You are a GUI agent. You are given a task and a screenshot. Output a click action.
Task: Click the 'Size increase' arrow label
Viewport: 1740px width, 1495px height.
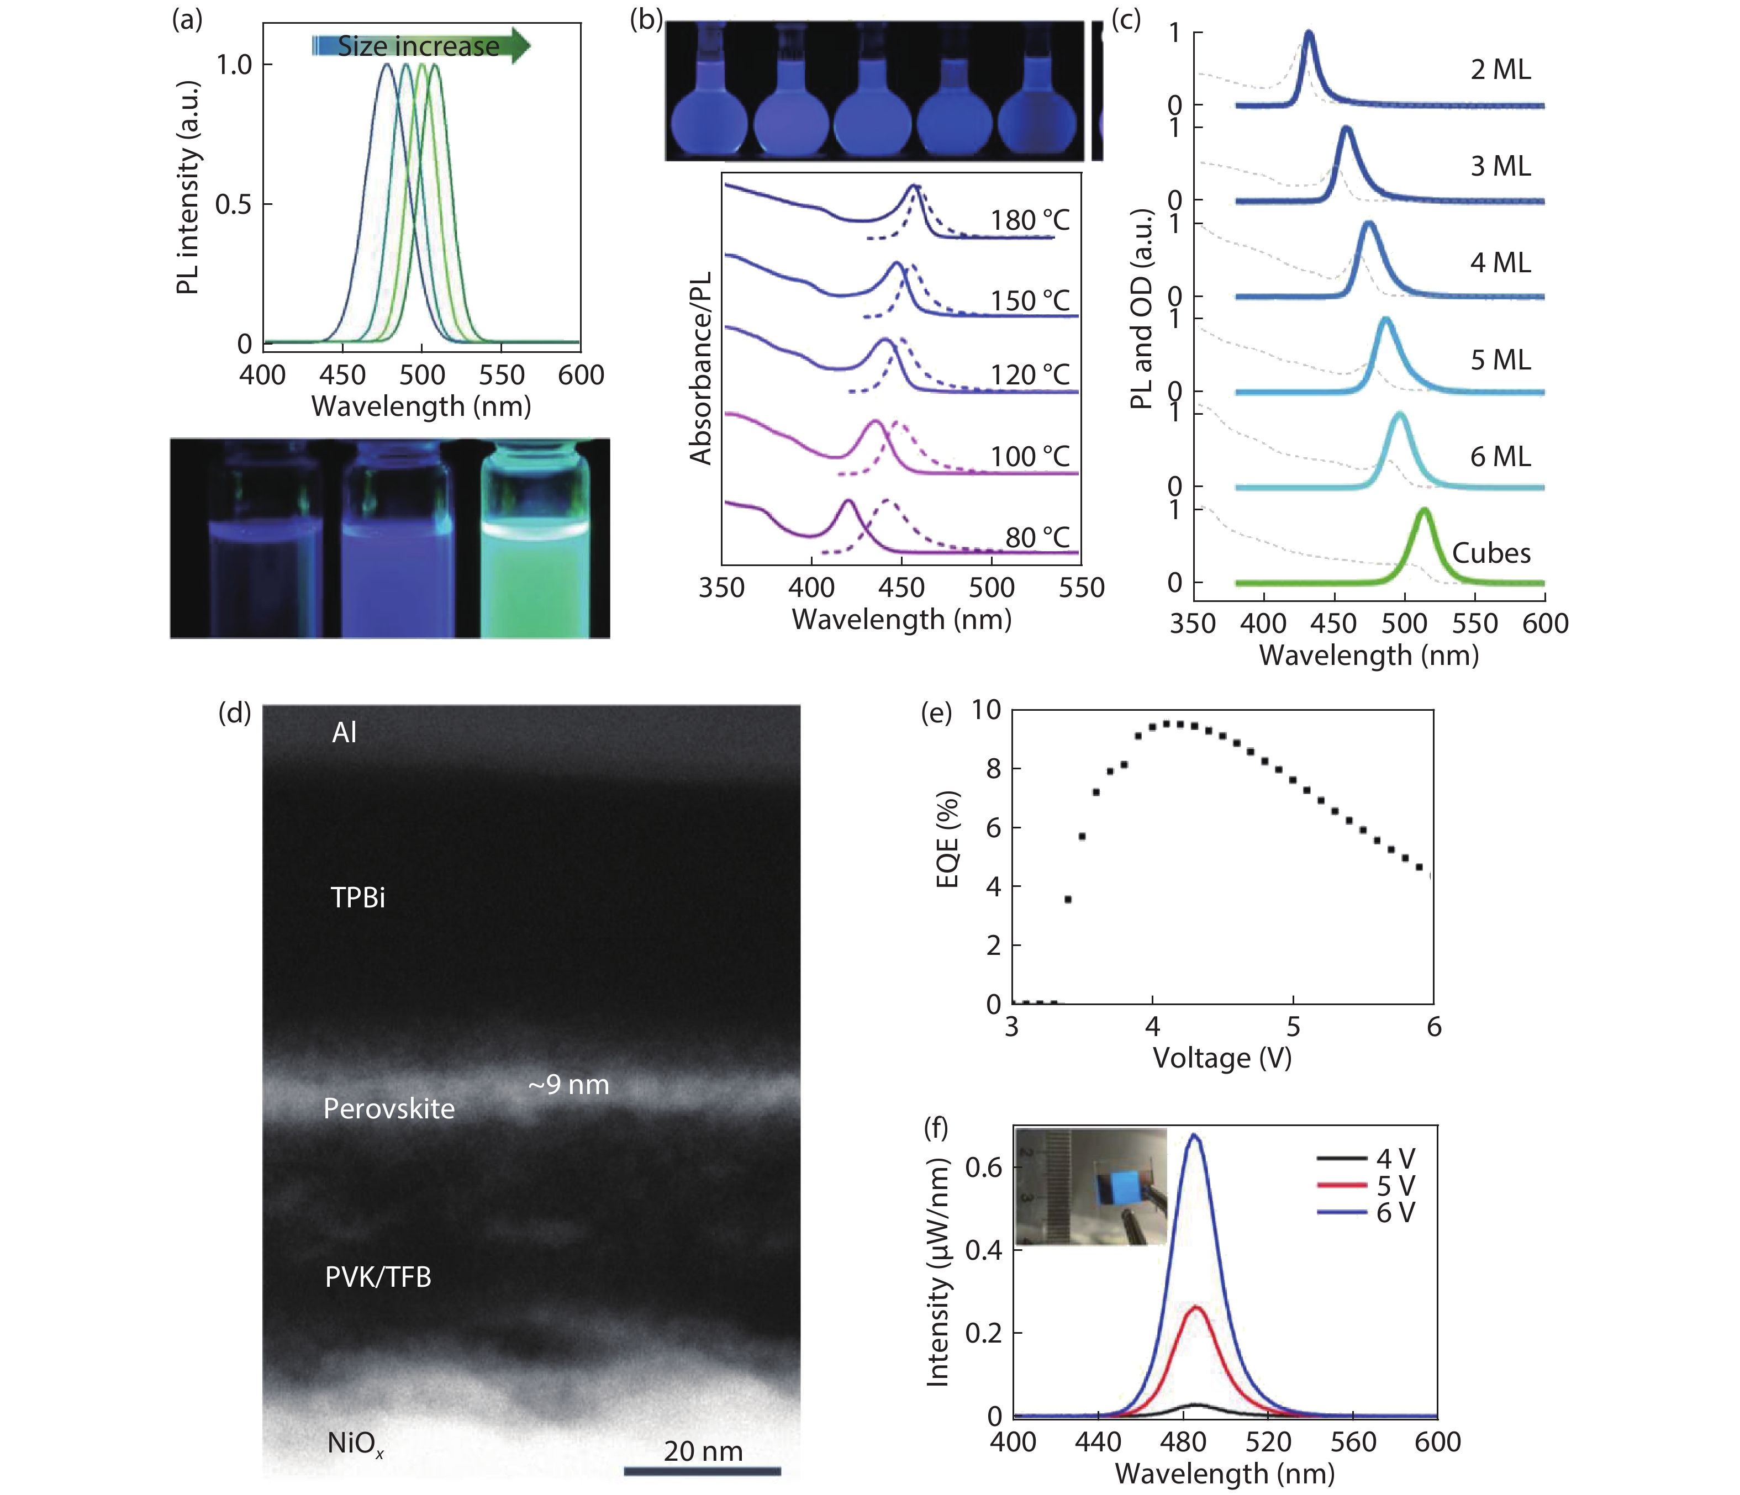418,46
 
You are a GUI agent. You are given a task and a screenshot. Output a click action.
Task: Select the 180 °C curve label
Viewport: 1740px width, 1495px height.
1030,221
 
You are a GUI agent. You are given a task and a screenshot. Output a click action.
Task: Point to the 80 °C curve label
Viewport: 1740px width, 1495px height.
1038,537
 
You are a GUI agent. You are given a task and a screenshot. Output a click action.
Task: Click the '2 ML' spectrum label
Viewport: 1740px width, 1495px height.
1500,70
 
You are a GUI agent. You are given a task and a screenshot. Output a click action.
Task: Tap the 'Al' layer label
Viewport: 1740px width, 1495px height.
344,733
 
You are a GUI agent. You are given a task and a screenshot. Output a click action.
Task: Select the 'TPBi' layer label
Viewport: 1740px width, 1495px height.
358,898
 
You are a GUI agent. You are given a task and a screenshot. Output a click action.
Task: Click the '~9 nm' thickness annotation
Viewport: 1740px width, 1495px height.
568,1085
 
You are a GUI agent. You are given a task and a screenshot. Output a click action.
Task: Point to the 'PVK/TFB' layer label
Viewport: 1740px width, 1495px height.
378,1277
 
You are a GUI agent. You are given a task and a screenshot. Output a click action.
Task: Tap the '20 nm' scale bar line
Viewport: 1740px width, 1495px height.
702,1470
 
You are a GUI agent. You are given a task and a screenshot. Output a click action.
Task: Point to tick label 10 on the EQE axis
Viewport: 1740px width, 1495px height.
987,710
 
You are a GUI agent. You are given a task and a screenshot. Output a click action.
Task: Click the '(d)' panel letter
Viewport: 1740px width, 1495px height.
234,712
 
